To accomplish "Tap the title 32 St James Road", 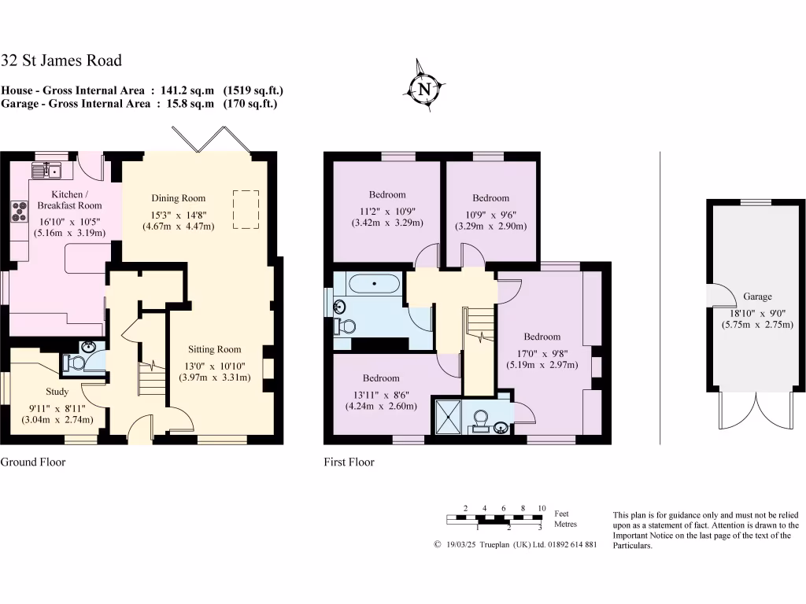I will pyautogui.click(x=61, y=61).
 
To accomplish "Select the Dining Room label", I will pyautogui.click(x=178, y=198).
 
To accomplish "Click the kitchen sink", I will pyautogui.click(x=48, y=169).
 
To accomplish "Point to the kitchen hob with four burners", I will pyautogui.click(x=18, y=210).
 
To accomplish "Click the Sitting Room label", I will pyautogui.click(x=214, y=349).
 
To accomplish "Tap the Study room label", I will pyautogui.click(x=57, y=392).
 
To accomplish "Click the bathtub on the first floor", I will pyautogui.click(x=373, y=282).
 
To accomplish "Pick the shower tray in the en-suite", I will pyautogui.click(x=448, y=416).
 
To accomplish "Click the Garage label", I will pyautogui.click(x=757, y=296).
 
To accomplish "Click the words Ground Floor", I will pyautogui.click(x=33, y=462).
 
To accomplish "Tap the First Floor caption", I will pyautogui.click(x=349, y=462).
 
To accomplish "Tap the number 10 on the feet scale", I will pyautogui.click(x=542, y=508).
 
